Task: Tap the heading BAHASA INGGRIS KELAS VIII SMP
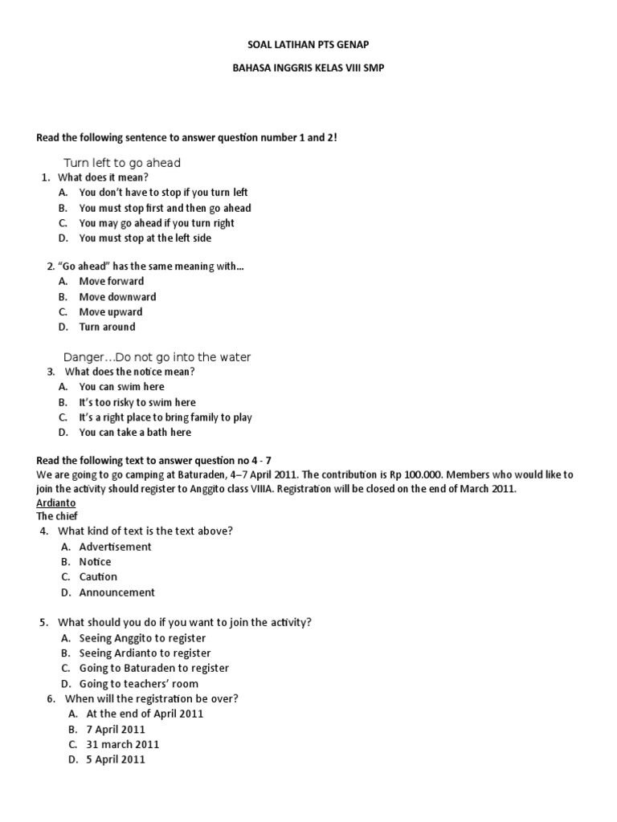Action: (308, 68)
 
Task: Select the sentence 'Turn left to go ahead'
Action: (128, 162)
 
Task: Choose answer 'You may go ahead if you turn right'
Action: (157, 223)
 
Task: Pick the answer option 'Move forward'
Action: (112, 281)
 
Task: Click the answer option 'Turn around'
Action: (107, 327)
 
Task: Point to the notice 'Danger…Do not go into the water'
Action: (157, 356)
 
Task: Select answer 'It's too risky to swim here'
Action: (137, 402)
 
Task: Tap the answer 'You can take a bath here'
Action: (135, 432)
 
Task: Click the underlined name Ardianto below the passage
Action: (56, 502)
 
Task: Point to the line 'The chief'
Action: (57, 516)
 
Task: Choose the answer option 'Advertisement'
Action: (115, 547)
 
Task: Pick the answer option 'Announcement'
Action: (116, 592)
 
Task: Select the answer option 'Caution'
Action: (98, 576)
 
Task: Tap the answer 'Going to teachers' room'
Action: (138, 684)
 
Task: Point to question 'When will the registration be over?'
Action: (151, 698)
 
